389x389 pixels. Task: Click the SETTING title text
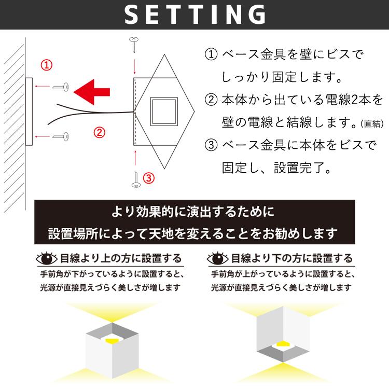[x=195, y=15]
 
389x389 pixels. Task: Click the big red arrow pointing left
[x=92, y=91]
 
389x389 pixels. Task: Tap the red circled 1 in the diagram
[x=47, y=65]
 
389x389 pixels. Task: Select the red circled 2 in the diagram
[x=99, y=132]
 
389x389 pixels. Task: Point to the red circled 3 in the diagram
[x=149, y=178]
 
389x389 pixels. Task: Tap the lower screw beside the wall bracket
[x=63, y=137]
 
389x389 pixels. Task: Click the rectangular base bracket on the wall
[x=29, y=112]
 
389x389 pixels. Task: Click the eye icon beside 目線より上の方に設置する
[x=46, y=258]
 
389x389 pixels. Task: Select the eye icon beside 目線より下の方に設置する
[x=217, y=258]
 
